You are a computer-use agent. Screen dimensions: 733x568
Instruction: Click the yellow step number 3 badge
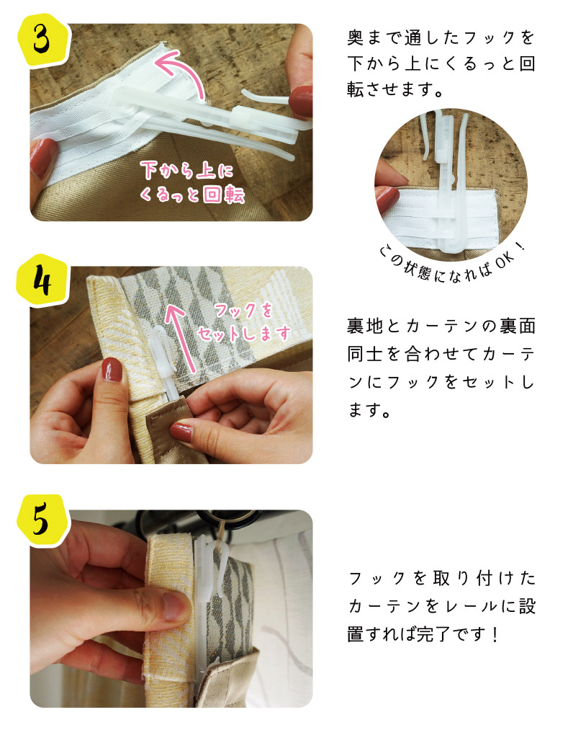(x=42, y=40)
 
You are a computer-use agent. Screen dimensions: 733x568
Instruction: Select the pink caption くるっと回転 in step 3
(x=191, y=194)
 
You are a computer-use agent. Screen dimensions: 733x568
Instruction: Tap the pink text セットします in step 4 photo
(x=245, y=334)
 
